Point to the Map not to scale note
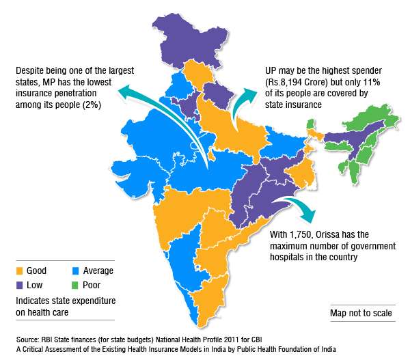tap(361, 314)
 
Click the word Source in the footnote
tap(28, 340)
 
